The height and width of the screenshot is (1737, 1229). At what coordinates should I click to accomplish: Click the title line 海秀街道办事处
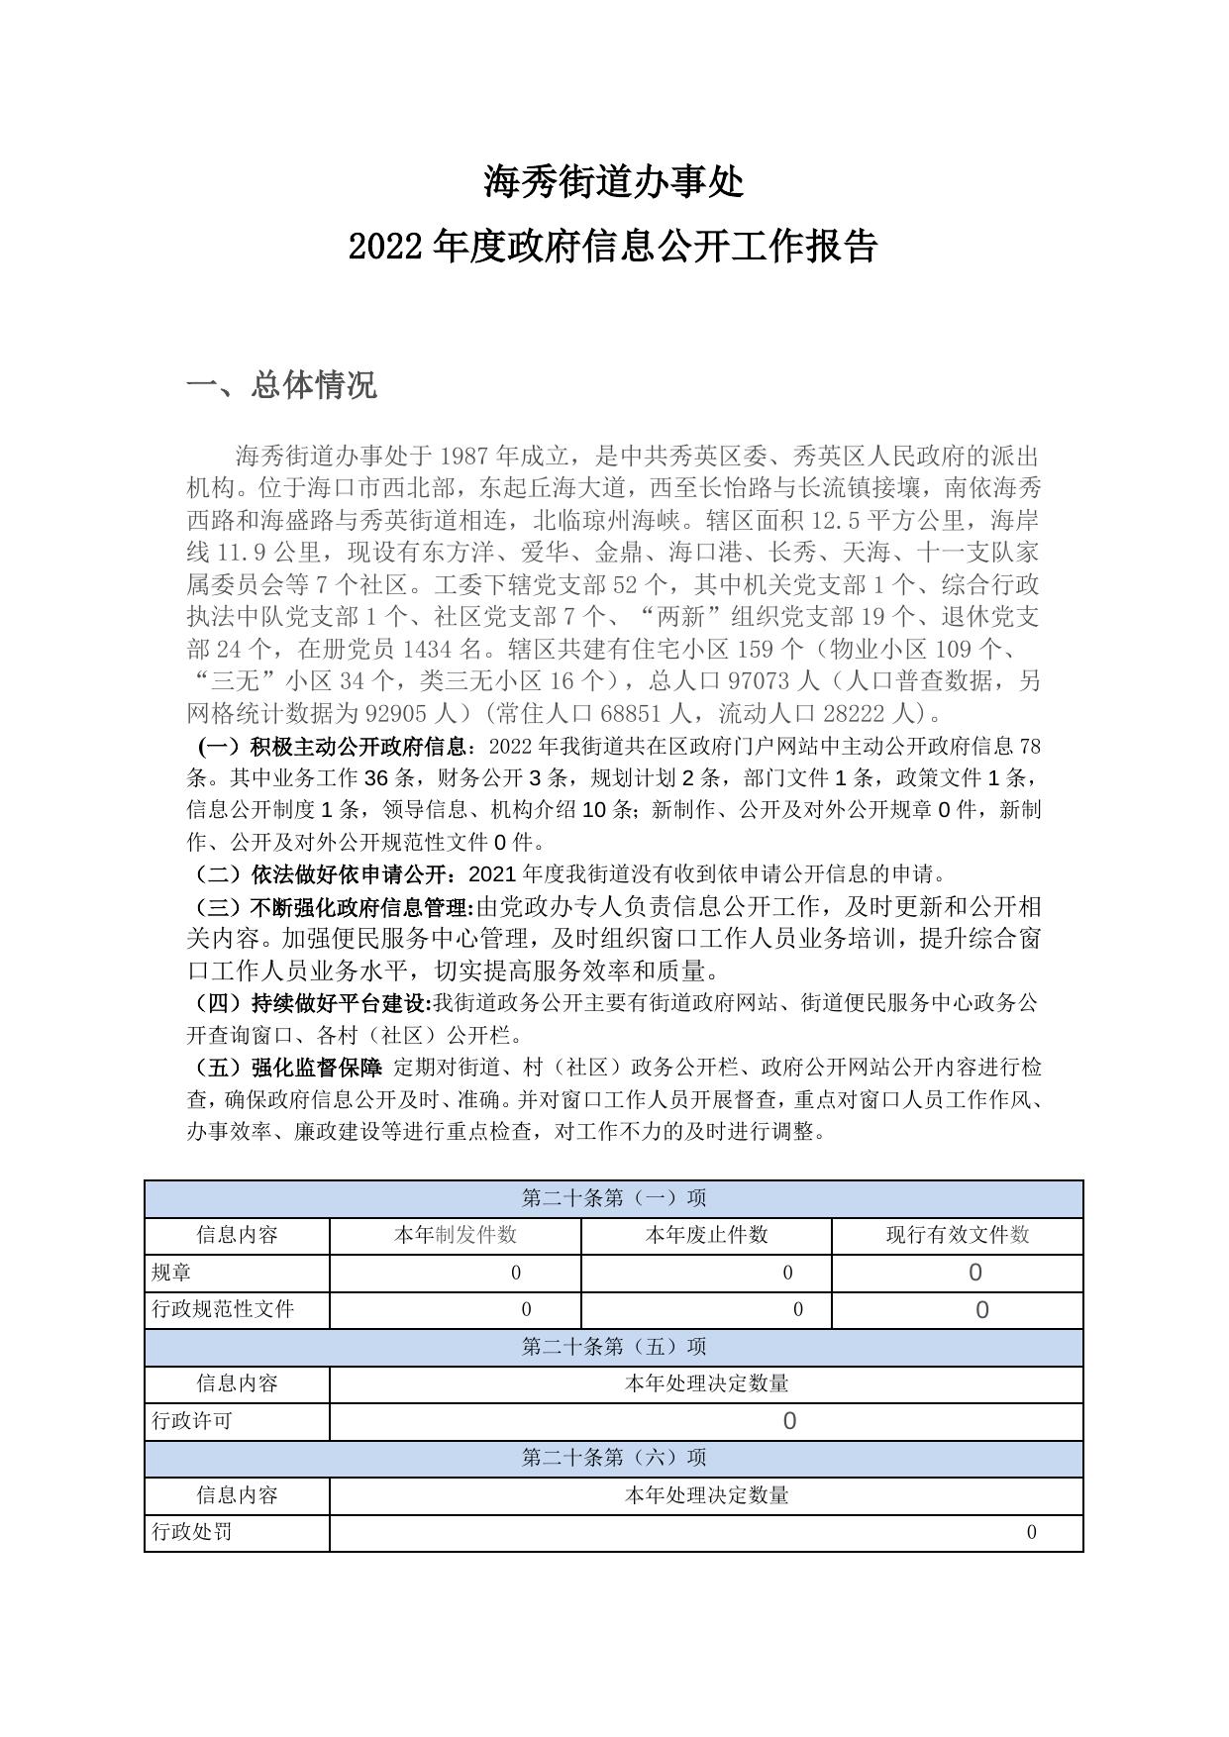click(613, 181)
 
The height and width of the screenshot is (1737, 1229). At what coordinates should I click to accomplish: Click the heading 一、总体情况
click(282, 385)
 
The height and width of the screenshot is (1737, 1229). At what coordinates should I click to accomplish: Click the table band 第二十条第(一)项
click(614, 1198)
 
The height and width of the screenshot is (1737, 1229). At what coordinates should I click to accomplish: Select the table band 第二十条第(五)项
click(614, 1347)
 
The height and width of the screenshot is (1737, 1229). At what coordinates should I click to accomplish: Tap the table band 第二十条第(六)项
click(614, 1458)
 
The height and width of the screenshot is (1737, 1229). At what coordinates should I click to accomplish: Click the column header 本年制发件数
click(456, 1235)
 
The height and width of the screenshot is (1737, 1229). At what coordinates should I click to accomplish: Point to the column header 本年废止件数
click(706, 1235)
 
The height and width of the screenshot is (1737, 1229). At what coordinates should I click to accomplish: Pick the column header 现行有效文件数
click(958, 1235)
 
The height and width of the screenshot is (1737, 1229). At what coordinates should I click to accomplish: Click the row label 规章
click(171, 1273)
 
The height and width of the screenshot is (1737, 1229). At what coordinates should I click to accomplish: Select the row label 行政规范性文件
click(223, 1309)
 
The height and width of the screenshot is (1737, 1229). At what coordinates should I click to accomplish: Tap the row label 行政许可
click(192, 1421)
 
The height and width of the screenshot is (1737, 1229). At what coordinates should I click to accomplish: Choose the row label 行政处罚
click(192, 1532)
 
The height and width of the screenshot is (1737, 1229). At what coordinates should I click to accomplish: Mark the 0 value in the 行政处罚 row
click(1031, 1533)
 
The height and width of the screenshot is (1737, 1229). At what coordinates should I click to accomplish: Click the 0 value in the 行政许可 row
click(789, 1422)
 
